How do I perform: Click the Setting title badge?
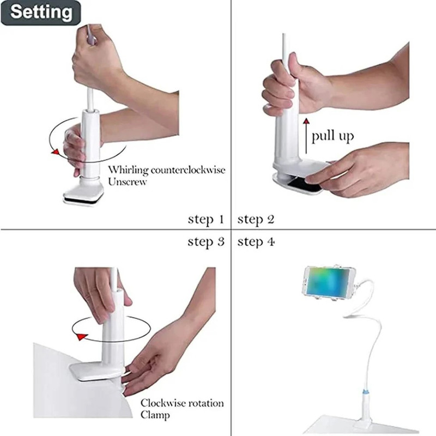41,13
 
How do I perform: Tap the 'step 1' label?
206,220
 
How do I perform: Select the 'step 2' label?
256,220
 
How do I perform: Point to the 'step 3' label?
206,241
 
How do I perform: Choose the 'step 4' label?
256,241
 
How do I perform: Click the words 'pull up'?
332,136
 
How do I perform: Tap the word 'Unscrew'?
128,182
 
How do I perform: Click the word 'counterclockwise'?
188,169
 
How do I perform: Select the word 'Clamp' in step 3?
155,415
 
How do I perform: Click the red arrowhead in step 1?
55,152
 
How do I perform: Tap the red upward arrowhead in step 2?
306,120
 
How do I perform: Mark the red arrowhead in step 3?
82,336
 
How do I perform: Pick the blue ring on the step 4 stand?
366,392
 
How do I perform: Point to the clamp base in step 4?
364,425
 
